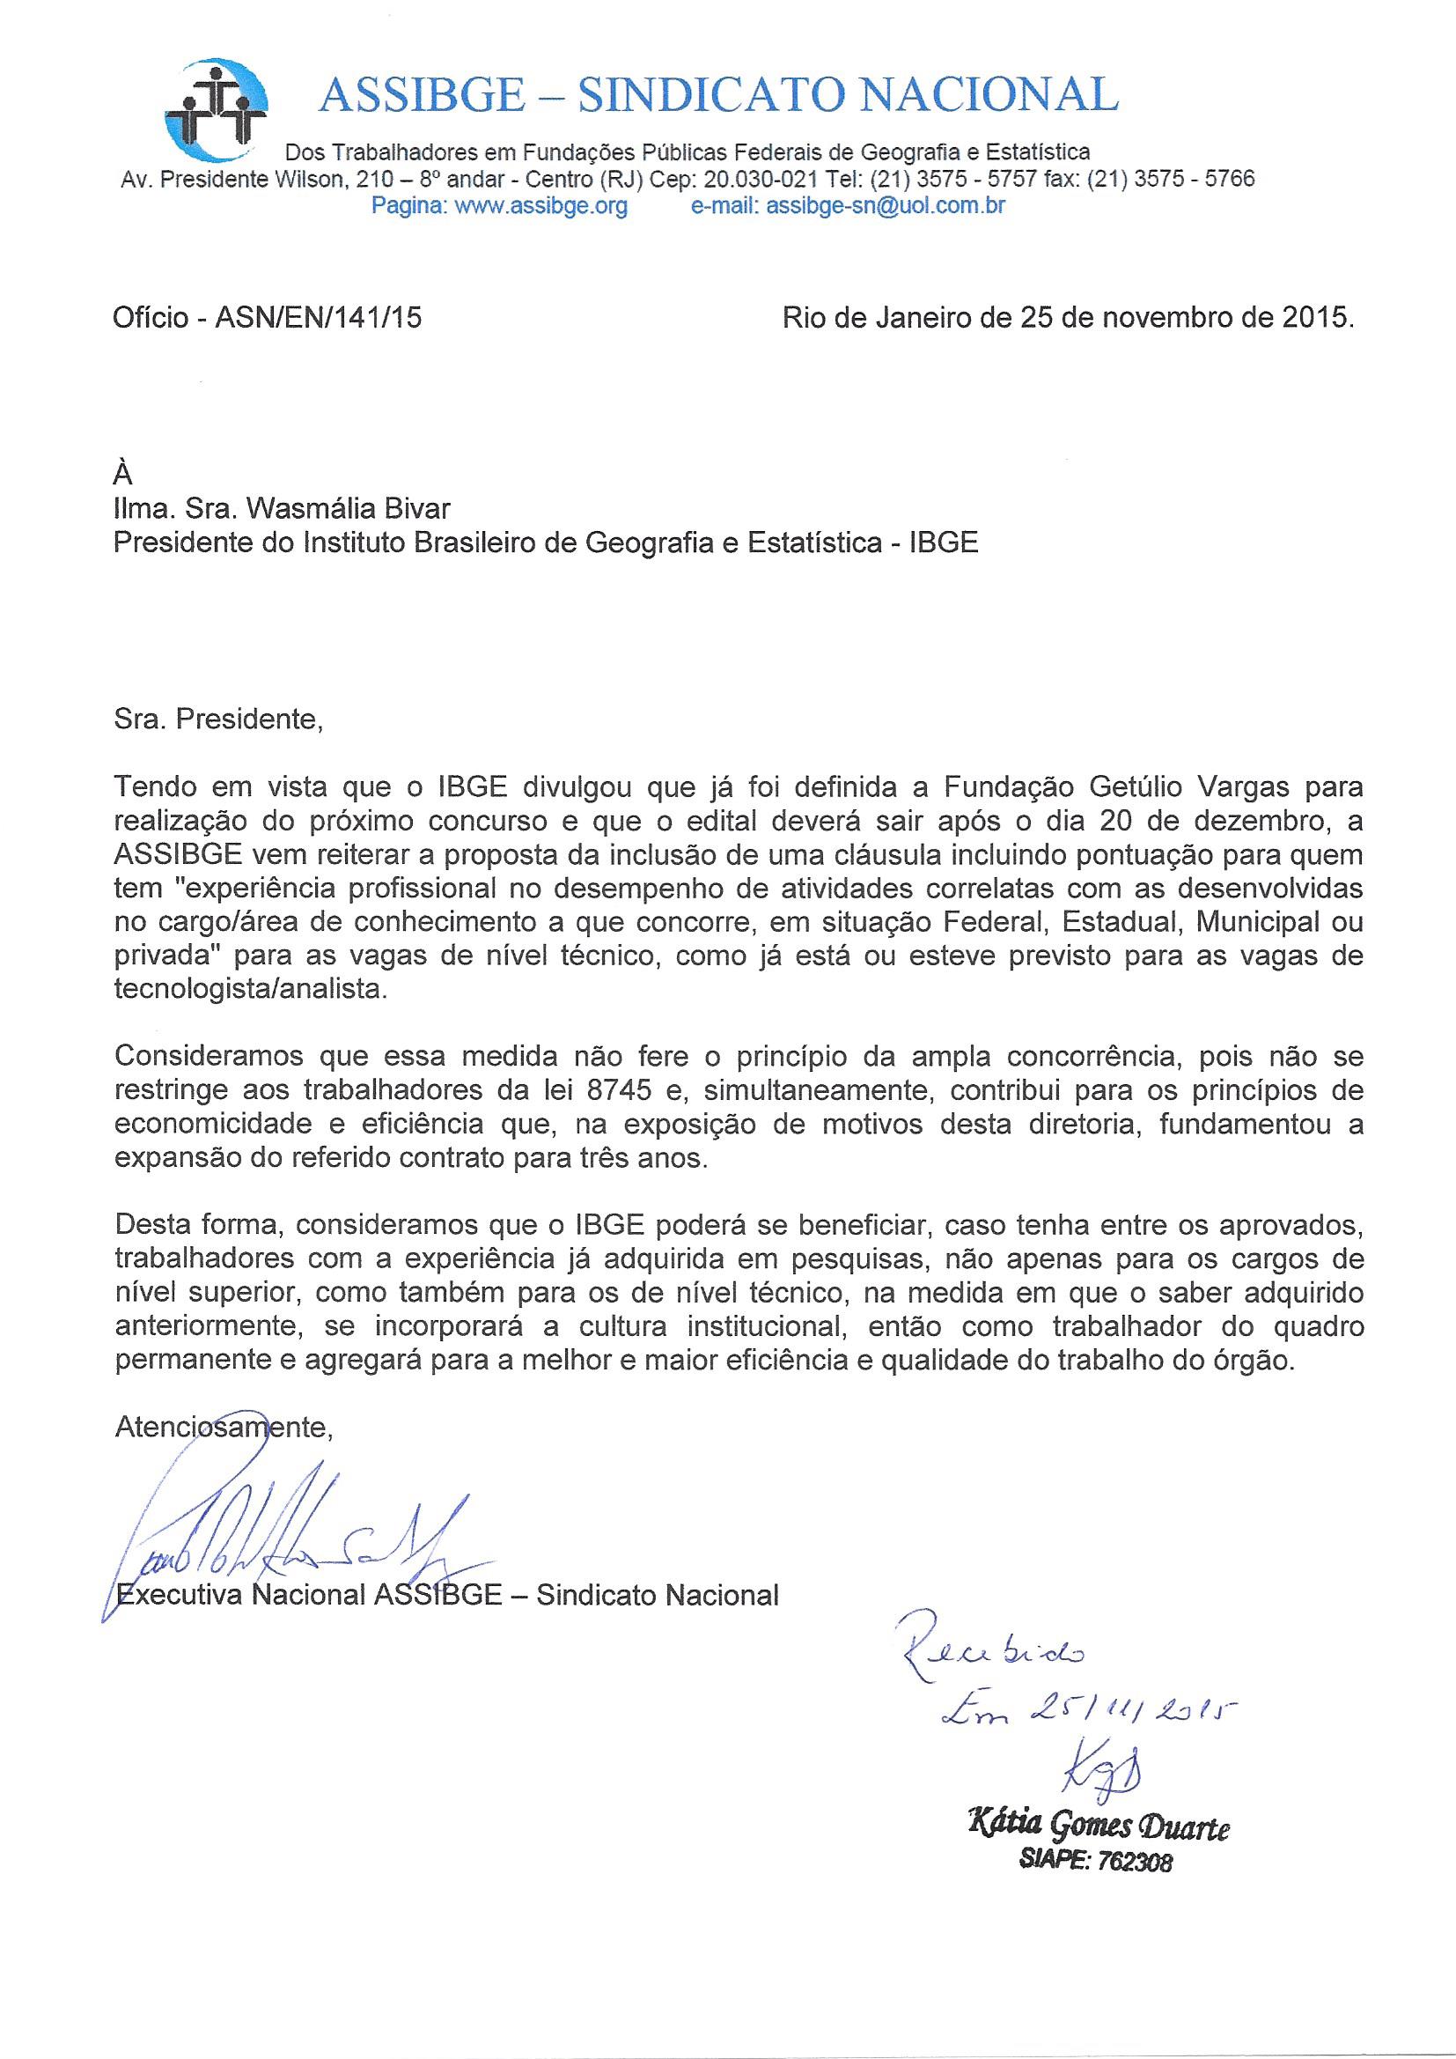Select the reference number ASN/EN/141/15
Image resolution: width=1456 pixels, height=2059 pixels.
[319, 318]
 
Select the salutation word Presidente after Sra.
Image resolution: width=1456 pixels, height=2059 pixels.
[247, 720]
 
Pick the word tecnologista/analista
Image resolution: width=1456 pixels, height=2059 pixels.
[252, 989]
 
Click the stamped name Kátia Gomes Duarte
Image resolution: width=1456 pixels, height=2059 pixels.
[1098, 1825]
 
